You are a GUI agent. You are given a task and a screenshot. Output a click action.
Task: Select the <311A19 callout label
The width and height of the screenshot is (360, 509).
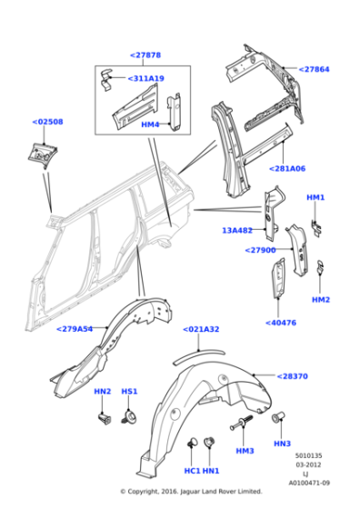(146, 79)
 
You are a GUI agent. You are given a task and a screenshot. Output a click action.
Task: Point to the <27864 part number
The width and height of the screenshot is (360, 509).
(315, 69)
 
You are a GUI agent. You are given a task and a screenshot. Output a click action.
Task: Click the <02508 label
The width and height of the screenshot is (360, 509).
(48, 122)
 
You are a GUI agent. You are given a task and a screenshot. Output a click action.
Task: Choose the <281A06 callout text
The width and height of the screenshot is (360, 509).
(287, 168)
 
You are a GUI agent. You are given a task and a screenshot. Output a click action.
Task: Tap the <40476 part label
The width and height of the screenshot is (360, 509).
(281, 322)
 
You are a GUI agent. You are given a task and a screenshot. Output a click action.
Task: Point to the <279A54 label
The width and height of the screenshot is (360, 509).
(76, 329)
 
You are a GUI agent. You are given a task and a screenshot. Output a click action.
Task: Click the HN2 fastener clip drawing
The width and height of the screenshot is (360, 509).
(103, 419)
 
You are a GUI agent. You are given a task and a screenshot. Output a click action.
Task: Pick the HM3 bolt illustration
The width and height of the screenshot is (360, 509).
(243, 423)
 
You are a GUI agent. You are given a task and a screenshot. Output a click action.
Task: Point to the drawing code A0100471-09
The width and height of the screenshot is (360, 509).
(310, 483)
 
